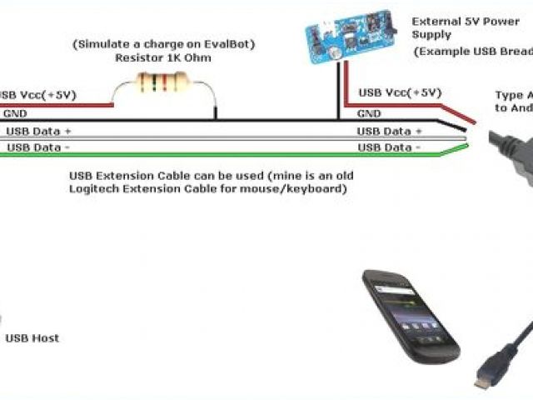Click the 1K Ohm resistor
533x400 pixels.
162,81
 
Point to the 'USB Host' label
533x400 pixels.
32,337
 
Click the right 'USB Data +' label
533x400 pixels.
390,132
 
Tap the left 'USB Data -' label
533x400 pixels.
38,147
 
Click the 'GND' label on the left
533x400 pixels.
15,112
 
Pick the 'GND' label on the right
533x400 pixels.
369,113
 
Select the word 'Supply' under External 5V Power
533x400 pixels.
432,35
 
